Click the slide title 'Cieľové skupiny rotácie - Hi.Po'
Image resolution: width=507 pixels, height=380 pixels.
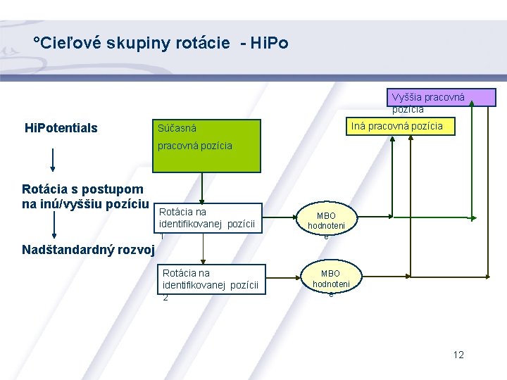(x=161, y=44)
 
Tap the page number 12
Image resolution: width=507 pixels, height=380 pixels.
(x=458, y=355)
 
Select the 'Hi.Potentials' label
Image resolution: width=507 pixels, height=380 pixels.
(x=61, y=128)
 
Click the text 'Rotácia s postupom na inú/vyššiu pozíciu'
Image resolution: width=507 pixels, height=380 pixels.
(x=83, y=196)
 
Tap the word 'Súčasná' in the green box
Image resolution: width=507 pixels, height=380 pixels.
(x=177, y=129)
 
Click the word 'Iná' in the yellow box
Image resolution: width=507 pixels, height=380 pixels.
(x=358, y=126)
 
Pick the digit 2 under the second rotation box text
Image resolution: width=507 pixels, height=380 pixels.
(x=165, y=298)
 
